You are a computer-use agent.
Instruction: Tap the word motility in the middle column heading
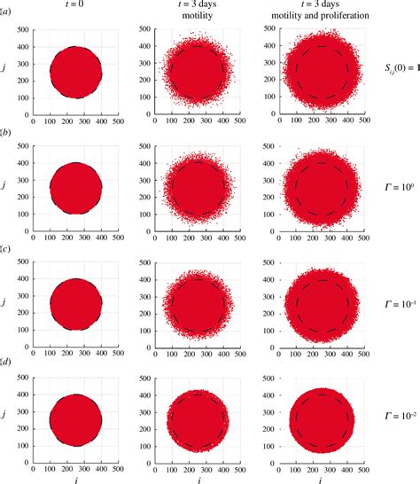[196, 18]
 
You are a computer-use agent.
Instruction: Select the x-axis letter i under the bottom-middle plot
[197, 477]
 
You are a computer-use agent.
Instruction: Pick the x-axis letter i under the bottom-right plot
[321, 477]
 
